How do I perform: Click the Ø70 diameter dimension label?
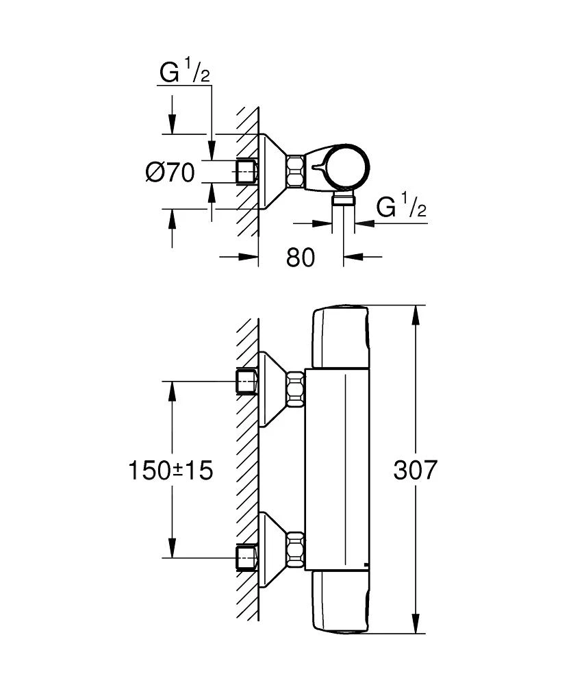coord(170,172)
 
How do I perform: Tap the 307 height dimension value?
coord(415,470)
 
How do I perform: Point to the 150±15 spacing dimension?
coord(170,470)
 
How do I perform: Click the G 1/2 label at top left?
coord(185,71)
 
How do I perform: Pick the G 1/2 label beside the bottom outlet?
coord(402,206)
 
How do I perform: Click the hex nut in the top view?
coord(296,171)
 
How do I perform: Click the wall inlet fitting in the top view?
coord(246,171)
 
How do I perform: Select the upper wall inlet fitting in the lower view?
coord(246,382)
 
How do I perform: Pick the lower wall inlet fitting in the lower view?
coord(246,557)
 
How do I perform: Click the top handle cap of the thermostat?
coord(340,336)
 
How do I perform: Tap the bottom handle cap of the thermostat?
coord(340,602)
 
